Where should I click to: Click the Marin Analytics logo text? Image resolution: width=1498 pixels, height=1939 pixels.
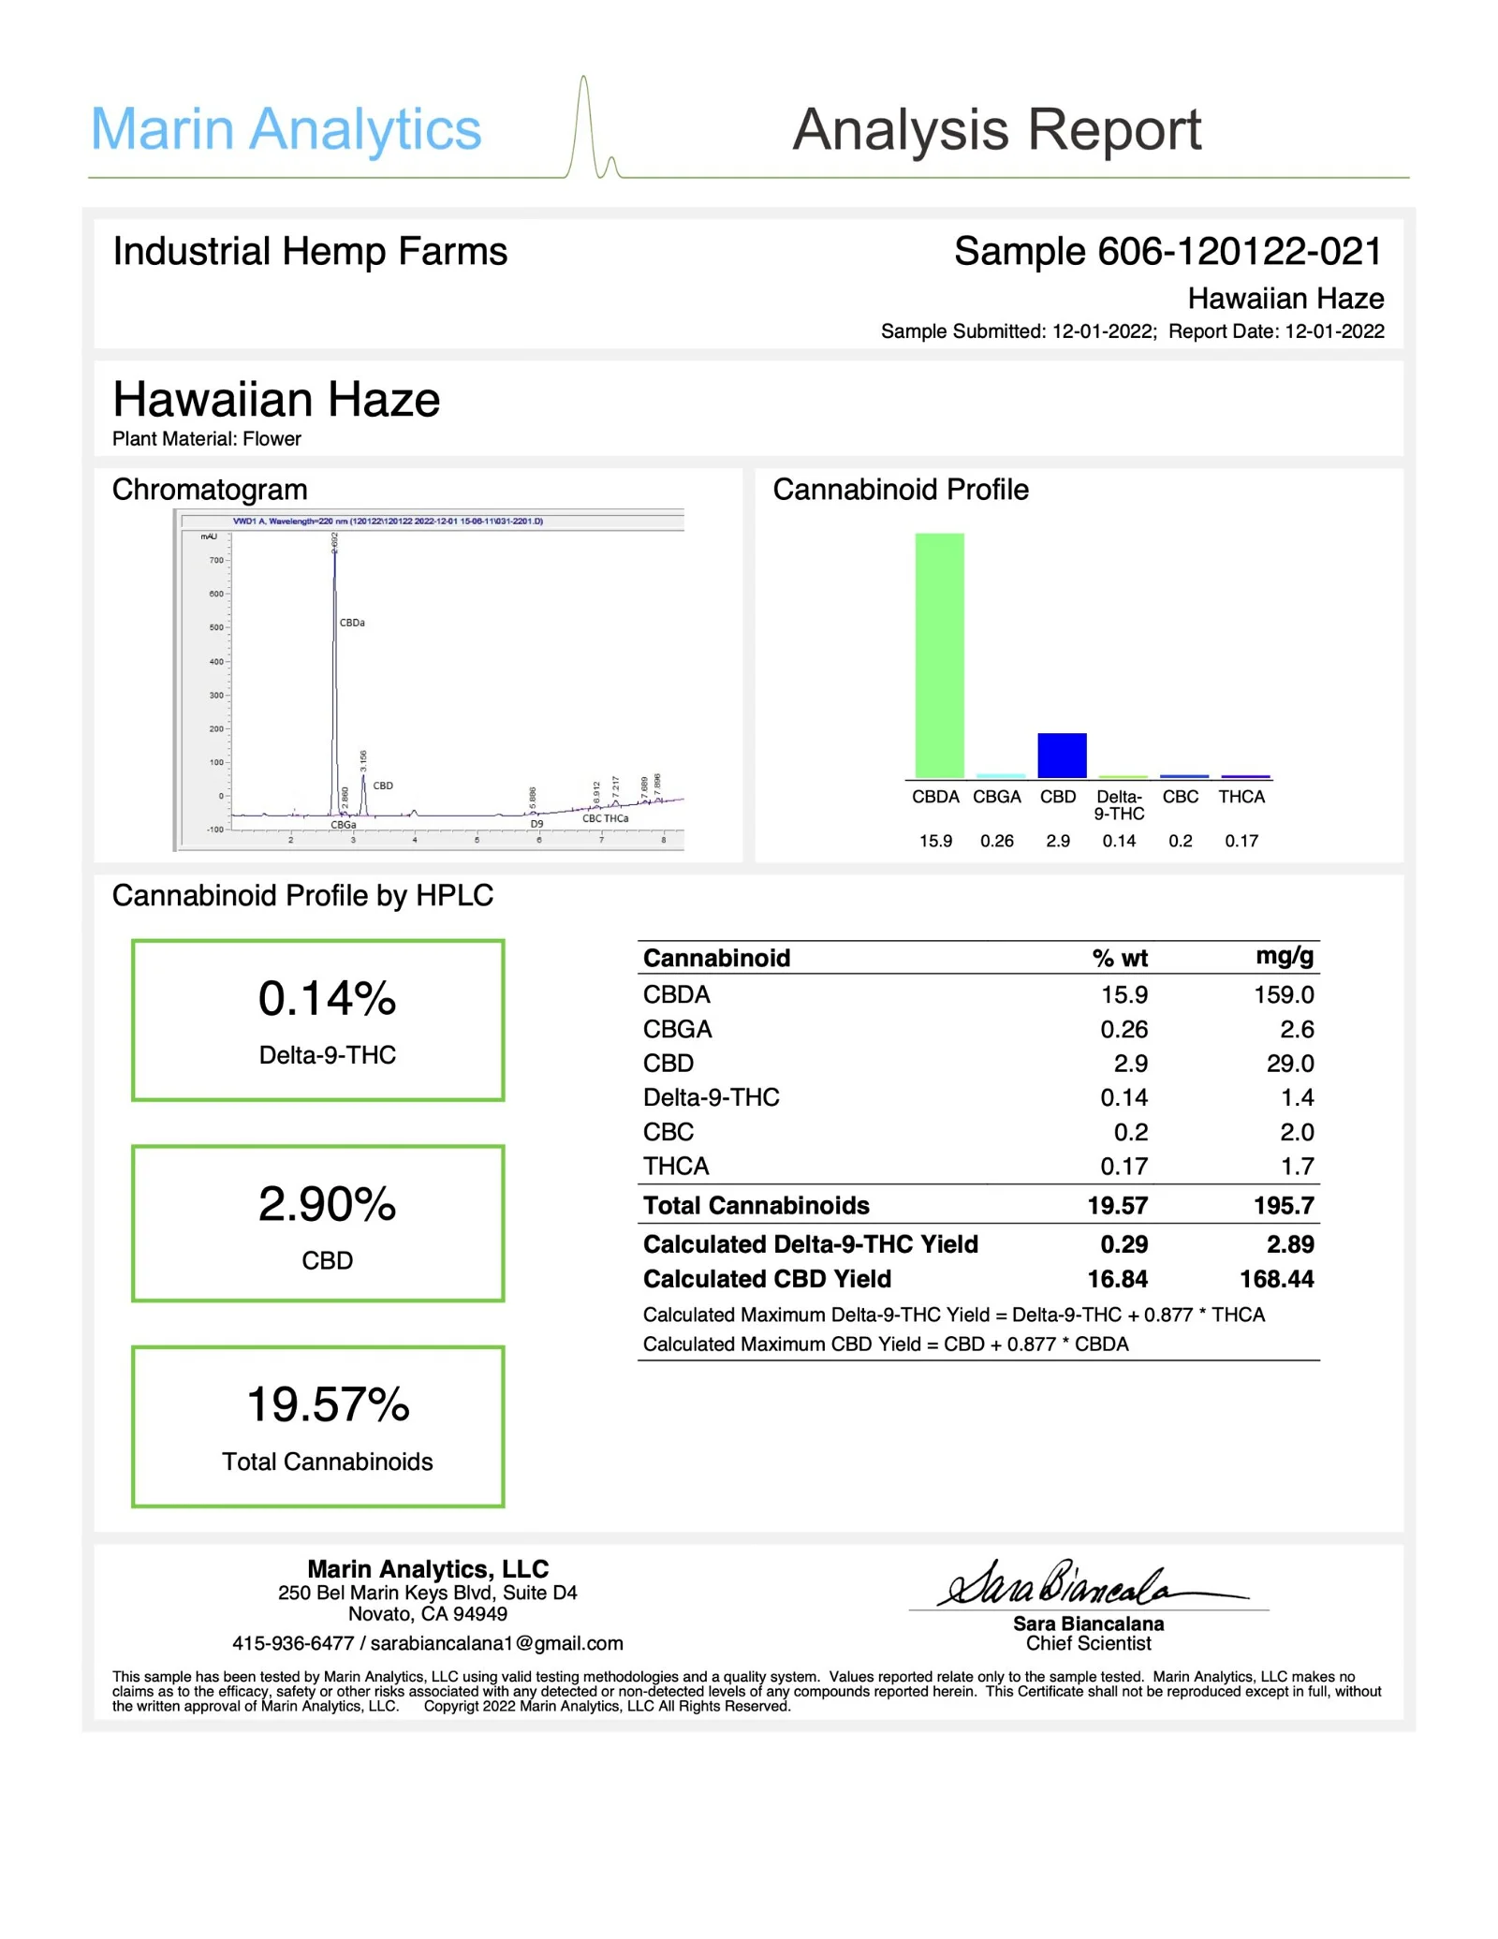point(286,129)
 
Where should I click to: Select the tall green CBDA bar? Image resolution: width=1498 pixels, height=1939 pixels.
point(939,654)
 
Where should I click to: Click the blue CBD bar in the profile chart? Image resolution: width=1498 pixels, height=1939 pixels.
point(1062,755)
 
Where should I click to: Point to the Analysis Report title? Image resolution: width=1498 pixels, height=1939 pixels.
point(996,129)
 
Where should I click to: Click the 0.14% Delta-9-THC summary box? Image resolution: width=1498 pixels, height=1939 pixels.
point(318,1020)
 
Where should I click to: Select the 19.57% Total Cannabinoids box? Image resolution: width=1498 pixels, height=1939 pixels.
point(318,1426)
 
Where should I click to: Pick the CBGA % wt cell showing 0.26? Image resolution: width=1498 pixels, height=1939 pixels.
point(1123,1029)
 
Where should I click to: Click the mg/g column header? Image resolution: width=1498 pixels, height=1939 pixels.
point(1285,956)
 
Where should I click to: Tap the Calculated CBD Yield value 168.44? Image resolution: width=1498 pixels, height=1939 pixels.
point(1276,1279)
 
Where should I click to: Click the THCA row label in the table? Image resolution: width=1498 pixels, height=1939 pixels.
point(676,1166)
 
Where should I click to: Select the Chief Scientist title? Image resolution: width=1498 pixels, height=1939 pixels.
point(1088,1644)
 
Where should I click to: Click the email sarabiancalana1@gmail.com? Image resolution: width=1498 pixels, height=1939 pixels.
point(496,1643)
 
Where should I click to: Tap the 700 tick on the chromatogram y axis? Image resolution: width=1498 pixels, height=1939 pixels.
point(216,560)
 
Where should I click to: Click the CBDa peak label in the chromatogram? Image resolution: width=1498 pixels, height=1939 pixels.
point(352,623)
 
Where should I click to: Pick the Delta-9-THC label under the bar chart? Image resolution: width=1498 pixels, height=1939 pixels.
point(1119,805)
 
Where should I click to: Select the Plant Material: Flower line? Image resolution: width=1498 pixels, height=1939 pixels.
point(207,438)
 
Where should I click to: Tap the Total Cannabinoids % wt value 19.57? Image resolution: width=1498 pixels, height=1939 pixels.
point(1117,1205)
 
